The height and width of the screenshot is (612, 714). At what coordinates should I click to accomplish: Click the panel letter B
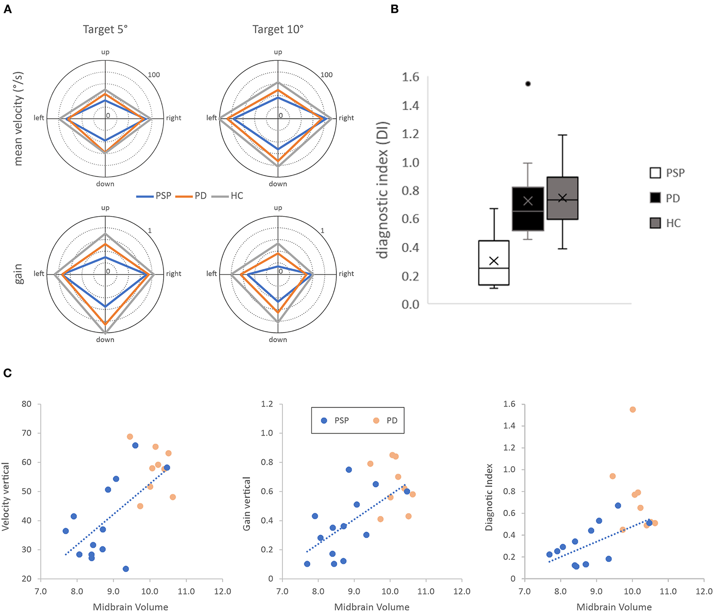point(394,9)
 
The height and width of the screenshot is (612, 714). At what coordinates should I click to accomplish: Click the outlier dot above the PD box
point(528,84)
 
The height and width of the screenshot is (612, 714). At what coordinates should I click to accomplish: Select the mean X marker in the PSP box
point(494,261)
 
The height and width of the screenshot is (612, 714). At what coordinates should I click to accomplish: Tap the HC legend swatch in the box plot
point(655,223)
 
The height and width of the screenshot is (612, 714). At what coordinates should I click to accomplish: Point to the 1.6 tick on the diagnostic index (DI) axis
point(410,77)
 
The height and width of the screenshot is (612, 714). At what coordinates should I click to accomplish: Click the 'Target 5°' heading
point(105,29)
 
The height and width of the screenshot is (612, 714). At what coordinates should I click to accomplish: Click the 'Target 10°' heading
point(278,29)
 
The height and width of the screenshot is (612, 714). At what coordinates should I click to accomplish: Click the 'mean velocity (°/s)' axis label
point(19,119)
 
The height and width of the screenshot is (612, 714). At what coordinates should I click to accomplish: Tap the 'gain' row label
point(19,274)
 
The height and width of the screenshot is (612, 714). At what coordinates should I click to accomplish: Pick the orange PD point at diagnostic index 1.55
point(633,409)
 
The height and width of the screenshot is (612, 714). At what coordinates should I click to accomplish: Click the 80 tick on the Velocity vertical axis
point(27,404)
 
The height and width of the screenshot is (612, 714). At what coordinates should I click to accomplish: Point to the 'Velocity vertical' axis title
point(6,496)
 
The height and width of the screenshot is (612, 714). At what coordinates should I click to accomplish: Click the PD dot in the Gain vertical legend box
point(376,421)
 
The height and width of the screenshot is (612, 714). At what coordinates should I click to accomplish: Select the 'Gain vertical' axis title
point(247,503)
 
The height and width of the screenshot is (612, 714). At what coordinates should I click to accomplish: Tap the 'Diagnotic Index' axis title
point(489,497)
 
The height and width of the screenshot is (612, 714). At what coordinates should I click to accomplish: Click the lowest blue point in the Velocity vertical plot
point(126,569)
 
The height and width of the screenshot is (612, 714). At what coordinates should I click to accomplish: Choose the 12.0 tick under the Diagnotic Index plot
point(704,591)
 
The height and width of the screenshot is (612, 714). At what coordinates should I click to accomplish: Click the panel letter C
point(7,373)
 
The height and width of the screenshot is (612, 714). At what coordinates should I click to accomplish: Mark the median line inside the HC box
point(562,200)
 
